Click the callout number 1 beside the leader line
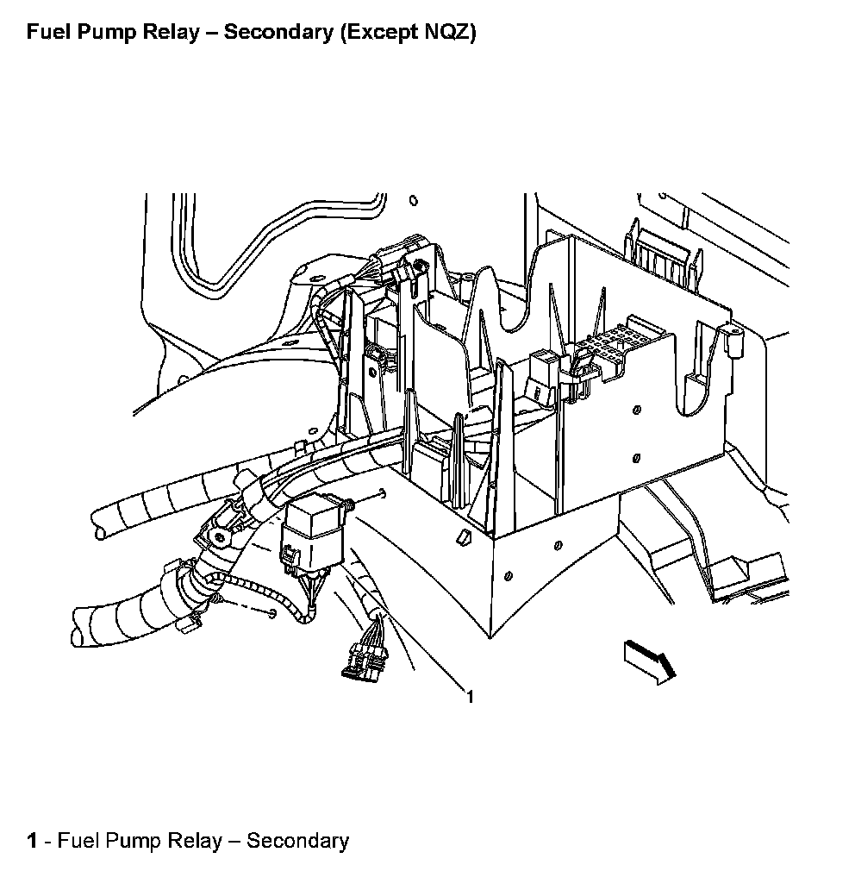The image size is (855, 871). coord(470,696)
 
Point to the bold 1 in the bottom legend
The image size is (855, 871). coord(32,841)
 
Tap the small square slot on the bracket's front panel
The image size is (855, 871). coord(463,537)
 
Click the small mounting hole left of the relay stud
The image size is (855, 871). coord(380,495)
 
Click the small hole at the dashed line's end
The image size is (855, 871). coord(272,613)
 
